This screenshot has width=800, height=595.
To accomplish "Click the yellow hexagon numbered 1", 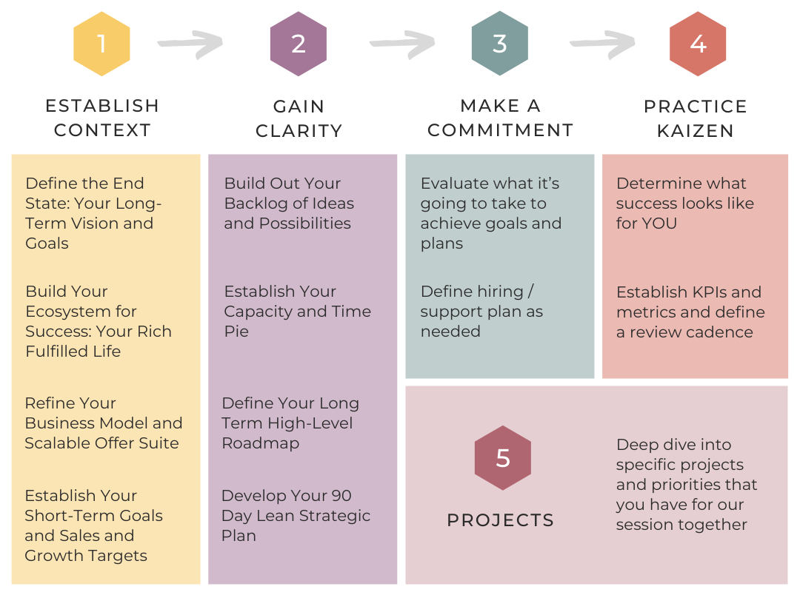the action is (x=101, y=44).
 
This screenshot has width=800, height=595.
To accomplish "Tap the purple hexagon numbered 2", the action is (x=299, y=44).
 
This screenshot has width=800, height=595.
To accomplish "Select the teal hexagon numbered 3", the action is (x=500, y=44).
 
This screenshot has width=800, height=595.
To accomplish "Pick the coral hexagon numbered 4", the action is (x=698, y=44).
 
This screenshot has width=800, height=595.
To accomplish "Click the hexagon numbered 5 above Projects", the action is (x=503, y=458).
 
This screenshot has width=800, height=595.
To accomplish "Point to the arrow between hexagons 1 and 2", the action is (x=190, y=45).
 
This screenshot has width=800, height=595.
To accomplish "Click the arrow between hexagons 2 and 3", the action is (x=402, y=45).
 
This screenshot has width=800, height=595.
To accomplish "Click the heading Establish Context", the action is (x=102, y=118).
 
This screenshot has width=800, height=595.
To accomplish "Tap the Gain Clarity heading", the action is (x=299, y=118).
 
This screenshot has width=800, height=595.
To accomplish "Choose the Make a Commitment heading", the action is (x=500, y=118).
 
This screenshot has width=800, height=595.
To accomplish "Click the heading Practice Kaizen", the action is (x=696, y=118).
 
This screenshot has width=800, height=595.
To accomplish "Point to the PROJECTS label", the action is (x=501, y=520).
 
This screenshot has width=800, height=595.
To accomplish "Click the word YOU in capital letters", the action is (x=659, y=223).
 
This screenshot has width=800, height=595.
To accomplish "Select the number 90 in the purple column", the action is (x=341, y=496).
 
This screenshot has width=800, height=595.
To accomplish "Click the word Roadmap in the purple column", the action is (x=261, y=443).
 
